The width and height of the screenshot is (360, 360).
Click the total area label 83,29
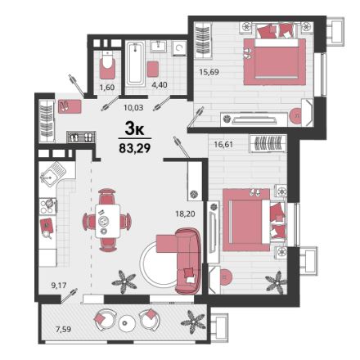pos(135,148)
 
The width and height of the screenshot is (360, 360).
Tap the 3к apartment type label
pos(134,129)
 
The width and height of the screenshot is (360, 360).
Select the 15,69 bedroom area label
pos(209,72)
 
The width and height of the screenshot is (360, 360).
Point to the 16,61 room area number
pos(223,144)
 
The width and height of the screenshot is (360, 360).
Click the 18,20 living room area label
pos(185,214)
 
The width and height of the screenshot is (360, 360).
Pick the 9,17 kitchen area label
pos(59,286)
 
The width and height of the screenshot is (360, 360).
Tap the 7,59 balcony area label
pos(63,329)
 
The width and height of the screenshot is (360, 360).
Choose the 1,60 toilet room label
pos(107,88)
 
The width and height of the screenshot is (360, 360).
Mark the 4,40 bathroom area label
pos(160,85)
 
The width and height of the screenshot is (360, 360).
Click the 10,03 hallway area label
pos(133,107)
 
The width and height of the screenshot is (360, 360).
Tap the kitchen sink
pos(53,174)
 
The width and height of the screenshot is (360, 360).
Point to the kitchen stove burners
pos(48,206)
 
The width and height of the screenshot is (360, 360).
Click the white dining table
pos(108,221)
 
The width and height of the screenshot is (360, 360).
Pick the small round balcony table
pos(125,322)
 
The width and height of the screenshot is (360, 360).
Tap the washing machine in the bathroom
pos(179,48)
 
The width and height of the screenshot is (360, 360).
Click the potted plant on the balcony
pos(193,322)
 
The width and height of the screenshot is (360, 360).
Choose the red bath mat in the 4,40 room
pos(153,69)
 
